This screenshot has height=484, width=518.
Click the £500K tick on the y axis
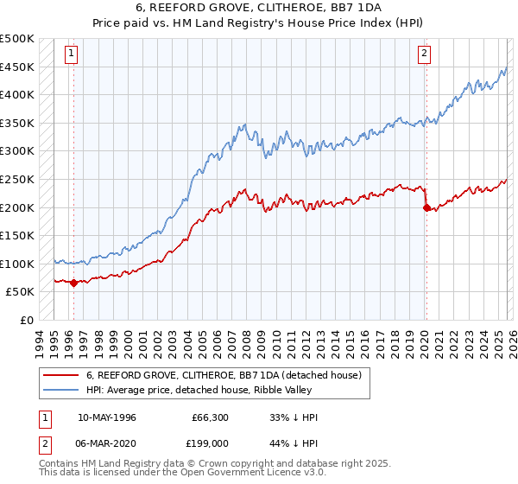[x=17, y=39]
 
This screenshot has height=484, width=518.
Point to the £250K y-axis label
[x=17, y=179]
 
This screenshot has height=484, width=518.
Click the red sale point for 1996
[x=73, y=283]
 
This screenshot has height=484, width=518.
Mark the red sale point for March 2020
[x=426, y=207]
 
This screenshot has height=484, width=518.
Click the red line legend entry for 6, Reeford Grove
[x=228, y=375]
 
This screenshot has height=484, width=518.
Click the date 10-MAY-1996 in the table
[x=106, y=417]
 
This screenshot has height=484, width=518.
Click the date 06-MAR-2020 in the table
[x=107, y=443]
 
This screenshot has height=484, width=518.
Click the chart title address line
[x=258, y=7]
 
